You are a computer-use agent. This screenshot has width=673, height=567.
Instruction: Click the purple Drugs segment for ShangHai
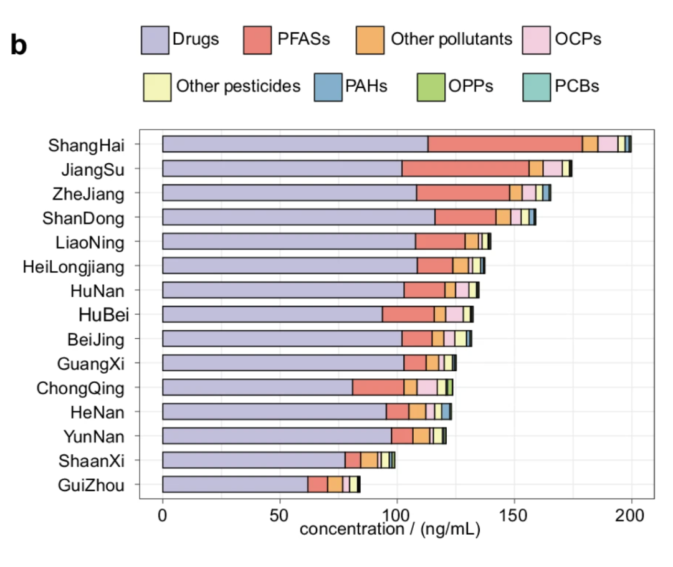pos(295,144)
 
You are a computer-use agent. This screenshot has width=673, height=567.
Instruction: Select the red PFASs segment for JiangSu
pos(465,168)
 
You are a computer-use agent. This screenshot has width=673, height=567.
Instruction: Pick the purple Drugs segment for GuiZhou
pos(235,484)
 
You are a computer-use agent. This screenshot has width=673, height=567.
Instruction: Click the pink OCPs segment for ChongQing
pos(427,387)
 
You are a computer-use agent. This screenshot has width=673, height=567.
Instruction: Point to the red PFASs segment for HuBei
pos(408,314)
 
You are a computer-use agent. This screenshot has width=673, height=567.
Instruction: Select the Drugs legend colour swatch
pos(155,39)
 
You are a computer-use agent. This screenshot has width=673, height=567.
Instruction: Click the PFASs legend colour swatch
pos(257,39)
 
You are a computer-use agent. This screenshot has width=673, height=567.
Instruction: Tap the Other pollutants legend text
pos(451,39)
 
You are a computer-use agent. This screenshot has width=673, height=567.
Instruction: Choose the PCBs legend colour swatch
pos(537,86)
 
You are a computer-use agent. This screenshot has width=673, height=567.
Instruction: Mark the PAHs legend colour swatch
pos(327,86)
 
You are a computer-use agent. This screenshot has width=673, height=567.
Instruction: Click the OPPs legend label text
pos(470,86)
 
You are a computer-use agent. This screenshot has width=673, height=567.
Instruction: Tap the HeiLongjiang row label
pos(74,266)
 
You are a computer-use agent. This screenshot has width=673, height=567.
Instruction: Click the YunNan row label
pos(93,436)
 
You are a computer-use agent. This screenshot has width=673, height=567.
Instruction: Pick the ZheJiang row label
pos(88,193)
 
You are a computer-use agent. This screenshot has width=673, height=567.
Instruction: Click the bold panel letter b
pos(19,45)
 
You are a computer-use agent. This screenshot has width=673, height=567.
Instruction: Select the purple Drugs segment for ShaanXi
pos(254,460)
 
